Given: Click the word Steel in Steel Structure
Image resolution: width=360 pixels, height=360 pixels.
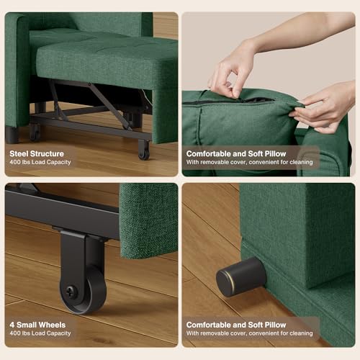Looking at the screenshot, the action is [19, 154].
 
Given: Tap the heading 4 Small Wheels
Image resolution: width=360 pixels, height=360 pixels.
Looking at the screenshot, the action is [37, 325].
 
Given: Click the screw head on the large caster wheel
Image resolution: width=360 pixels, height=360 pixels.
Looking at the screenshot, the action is [71, 290].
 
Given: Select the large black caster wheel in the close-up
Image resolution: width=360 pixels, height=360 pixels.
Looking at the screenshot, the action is [84, 290].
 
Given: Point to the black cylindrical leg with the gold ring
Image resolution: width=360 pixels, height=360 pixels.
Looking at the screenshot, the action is [241, 276].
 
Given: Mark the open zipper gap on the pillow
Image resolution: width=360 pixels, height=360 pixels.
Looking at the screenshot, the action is [257, 100].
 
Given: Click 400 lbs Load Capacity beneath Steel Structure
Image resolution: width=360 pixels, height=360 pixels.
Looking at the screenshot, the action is [40, 163].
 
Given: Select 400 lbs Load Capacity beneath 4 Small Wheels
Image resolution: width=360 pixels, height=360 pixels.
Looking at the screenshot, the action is [40, 333].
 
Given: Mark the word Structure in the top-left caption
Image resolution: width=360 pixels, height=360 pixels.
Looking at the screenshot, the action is [47, 154].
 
